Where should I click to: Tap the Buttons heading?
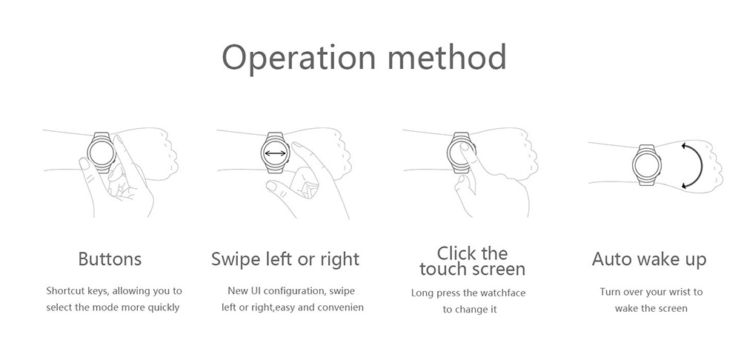(x=110, y=259)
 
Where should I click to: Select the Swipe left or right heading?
(x=285, y=259)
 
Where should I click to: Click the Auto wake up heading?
(x=649, y=259)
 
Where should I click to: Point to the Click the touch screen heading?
(x=472, y=261)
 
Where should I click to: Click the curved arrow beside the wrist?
(x=693, y=164)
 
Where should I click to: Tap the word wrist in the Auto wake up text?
(x=678, y=292)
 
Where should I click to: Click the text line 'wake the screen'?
(x=651, y=308)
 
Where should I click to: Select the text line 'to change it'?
(x=470, y=309)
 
